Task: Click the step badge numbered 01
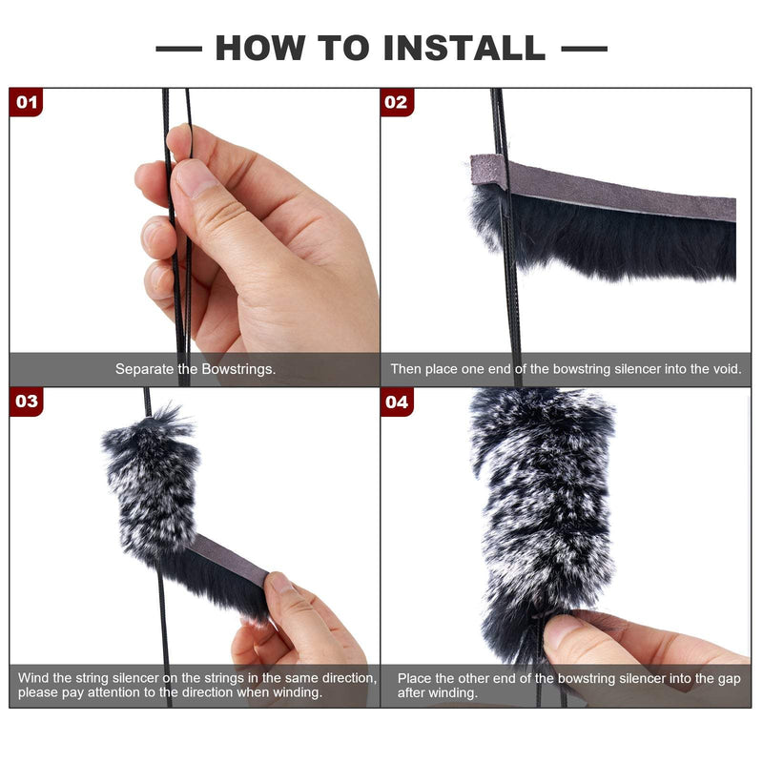[27, 102]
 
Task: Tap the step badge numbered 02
[397, 102]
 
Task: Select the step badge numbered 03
[27, 402]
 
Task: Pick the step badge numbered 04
[397, 402]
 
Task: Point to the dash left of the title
[178, 48]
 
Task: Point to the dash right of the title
[584, 48]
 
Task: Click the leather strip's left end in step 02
[481, 170]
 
